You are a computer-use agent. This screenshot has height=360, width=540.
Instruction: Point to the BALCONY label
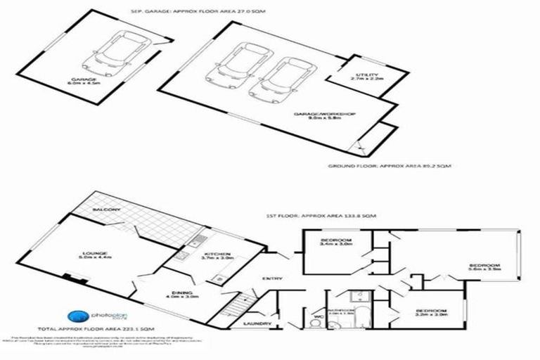tap(107, 210)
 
